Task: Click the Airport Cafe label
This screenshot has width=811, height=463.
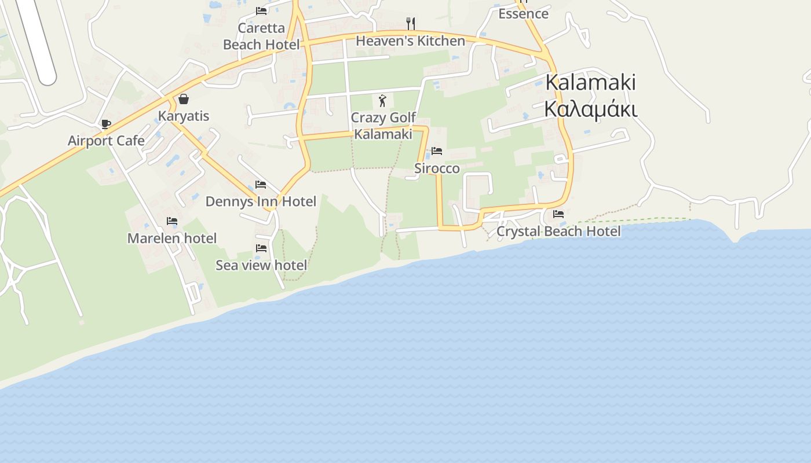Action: coord(106,141)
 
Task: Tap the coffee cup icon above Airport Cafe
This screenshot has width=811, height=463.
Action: coord(105,124)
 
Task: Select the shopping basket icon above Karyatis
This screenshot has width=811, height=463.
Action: coord(184,99)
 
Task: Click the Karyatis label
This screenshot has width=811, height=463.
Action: coord(184,116)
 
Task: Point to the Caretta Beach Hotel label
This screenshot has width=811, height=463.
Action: coord(261,36)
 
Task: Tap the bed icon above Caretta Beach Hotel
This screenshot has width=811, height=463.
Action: coord(261,11)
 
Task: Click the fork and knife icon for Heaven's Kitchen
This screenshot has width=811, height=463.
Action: coord(411,23)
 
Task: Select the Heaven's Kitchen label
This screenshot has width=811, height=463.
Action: coord(410,41)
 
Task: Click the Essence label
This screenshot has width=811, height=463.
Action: coord(523,13)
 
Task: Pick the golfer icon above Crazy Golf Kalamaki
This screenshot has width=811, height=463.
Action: coord(382,101)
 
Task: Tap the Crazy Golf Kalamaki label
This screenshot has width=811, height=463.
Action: coord(383,126)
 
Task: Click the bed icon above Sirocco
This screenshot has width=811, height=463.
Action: coord(437,151)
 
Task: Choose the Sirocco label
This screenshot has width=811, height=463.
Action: coord(437,168)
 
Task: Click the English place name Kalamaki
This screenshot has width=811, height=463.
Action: coord(590,82)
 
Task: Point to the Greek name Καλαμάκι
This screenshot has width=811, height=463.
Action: coord(590,109)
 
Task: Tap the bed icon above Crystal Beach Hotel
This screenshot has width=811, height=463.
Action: coord(558,214)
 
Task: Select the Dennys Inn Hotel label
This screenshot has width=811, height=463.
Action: coord(261,201)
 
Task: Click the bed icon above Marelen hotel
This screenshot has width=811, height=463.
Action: coord(172,221)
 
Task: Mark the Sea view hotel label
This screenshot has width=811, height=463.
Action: coord(261,265)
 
